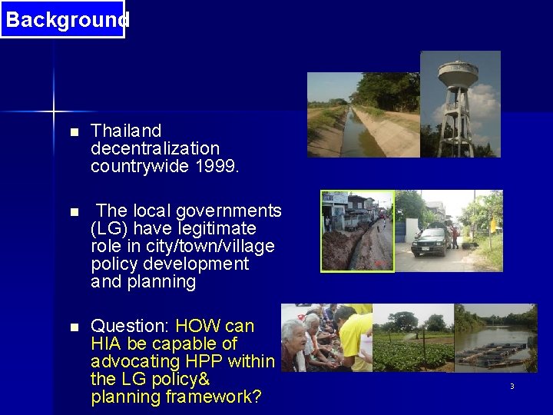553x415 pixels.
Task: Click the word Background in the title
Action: point(66,19)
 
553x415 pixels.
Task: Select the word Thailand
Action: point(126,131)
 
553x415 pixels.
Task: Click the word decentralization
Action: point(155,148)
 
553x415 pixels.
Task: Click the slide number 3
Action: point(512,386)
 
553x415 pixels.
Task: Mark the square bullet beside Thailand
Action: point(74,132)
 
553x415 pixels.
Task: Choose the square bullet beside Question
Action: point(74,327)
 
